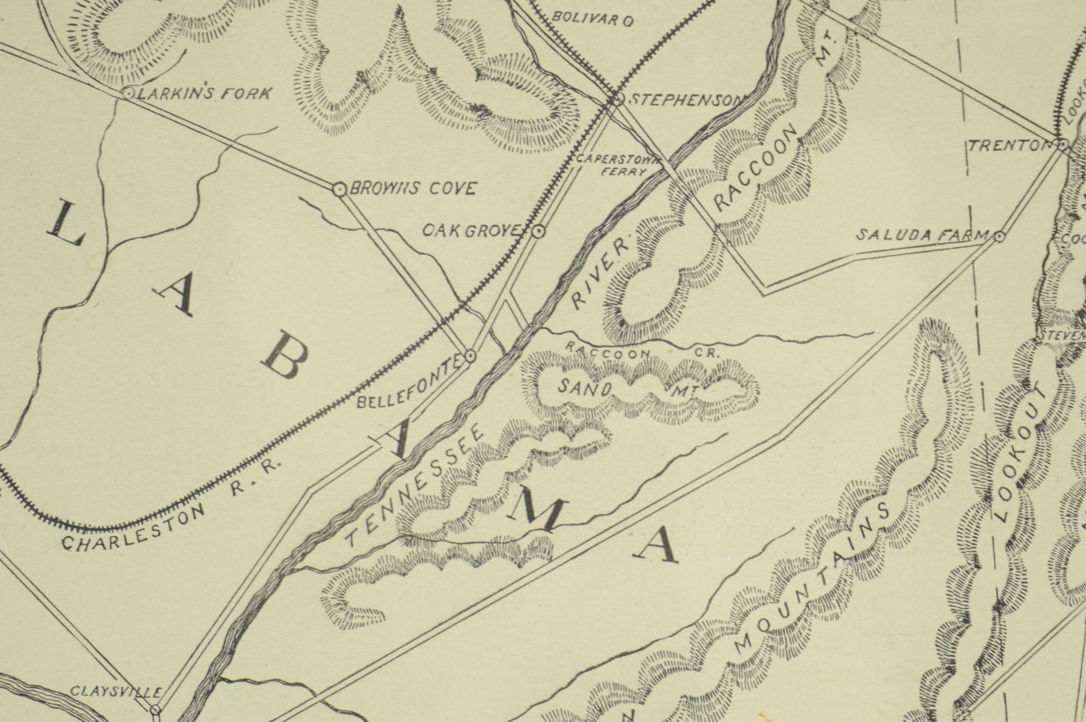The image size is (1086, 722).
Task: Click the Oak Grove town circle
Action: pyautogui.click(x=538, y=231)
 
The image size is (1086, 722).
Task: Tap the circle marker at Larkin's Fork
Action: pyautogui.click(x=129, y=94)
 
